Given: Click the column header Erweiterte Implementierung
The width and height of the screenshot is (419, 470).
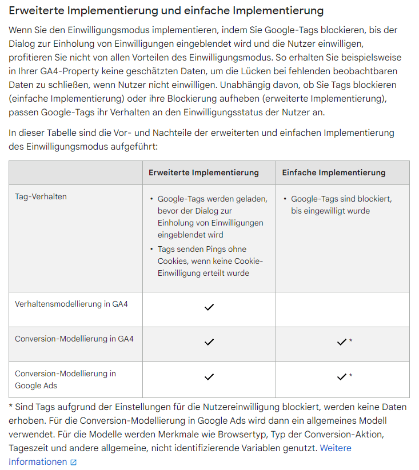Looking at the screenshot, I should (203, 172).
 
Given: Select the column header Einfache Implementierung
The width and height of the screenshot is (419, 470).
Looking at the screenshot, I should (334, 172).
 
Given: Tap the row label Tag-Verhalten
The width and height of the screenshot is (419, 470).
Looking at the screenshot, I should (41, 196).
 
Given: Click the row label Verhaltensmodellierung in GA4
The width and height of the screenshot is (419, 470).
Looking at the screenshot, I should (71, 304).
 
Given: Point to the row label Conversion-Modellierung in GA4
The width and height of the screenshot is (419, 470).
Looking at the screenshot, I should (74, 339).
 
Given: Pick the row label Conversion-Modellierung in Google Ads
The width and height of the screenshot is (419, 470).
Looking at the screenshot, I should (65, 379).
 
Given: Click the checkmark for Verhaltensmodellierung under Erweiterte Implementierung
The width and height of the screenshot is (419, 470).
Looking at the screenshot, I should (209, 307).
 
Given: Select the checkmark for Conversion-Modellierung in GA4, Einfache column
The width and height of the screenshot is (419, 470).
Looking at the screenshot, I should (341, 342).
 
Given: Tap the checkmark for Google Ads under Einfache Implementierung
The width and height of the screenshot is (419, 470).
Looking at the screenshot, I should (341, 377).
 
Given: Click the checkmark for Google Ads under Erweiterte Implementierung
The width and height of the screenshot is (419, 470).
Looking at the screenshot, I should (209, 377).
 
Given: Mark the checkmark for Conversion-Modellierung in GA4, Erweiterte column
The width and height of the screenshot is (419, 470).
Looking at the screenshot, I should (209, 342).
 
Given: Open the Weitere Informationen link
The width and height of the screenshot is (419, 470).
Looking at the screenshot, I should (336, 448).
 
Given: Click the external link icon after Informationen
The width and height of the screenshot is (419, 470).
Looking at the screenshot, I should (73, 463).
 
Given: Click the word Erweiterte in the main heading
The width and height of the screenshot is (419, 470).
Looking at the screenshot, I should (37, 11).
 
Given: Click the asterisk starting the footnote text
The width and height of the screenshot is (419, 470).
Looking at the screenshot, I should (11, 407).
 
